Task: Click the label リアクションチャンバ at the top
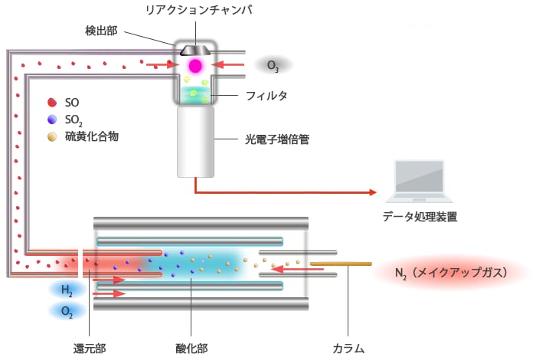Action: click(x=199, y=10)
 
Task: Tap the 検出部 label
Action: click(x=101, y=31)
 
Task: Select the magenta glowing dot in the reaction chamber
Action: click(x=195, y=66)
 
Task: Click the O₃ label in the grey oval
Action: click(x=273, y=66)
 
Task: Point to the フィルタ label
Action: click(x=266, y=96)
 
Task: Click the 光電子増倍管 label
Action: click(x=277, y=139)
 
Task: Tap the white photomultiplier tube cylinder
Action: click(x=195, y=142)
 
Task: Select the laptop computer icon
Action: click(x=420, y=182)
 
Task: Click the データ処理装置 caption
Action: click(x=420, y=217)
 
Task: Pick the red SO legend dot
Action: click(x=52, y=102)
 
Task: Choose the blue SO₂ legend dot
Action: click(x=52, y=119)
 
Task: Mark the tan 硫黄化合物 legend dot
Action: click(x=52, y=137)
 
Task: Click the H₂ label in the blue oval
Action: click(x=67, y=290)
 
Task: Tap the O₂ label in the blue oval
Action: click(x=67, y=312)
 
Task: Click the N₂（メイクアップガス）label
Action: click(x=451, y=273)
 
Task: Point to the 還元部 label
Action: click(x=90, y=349)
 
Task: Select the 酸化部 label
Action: click(x=191, y=349)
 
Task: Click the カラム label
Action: click(x=348, y=349)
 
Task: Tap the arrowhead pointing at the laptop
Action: click(x=373, y=192)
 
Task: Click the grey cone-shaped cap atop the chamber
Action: click(x=195, y=51)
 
